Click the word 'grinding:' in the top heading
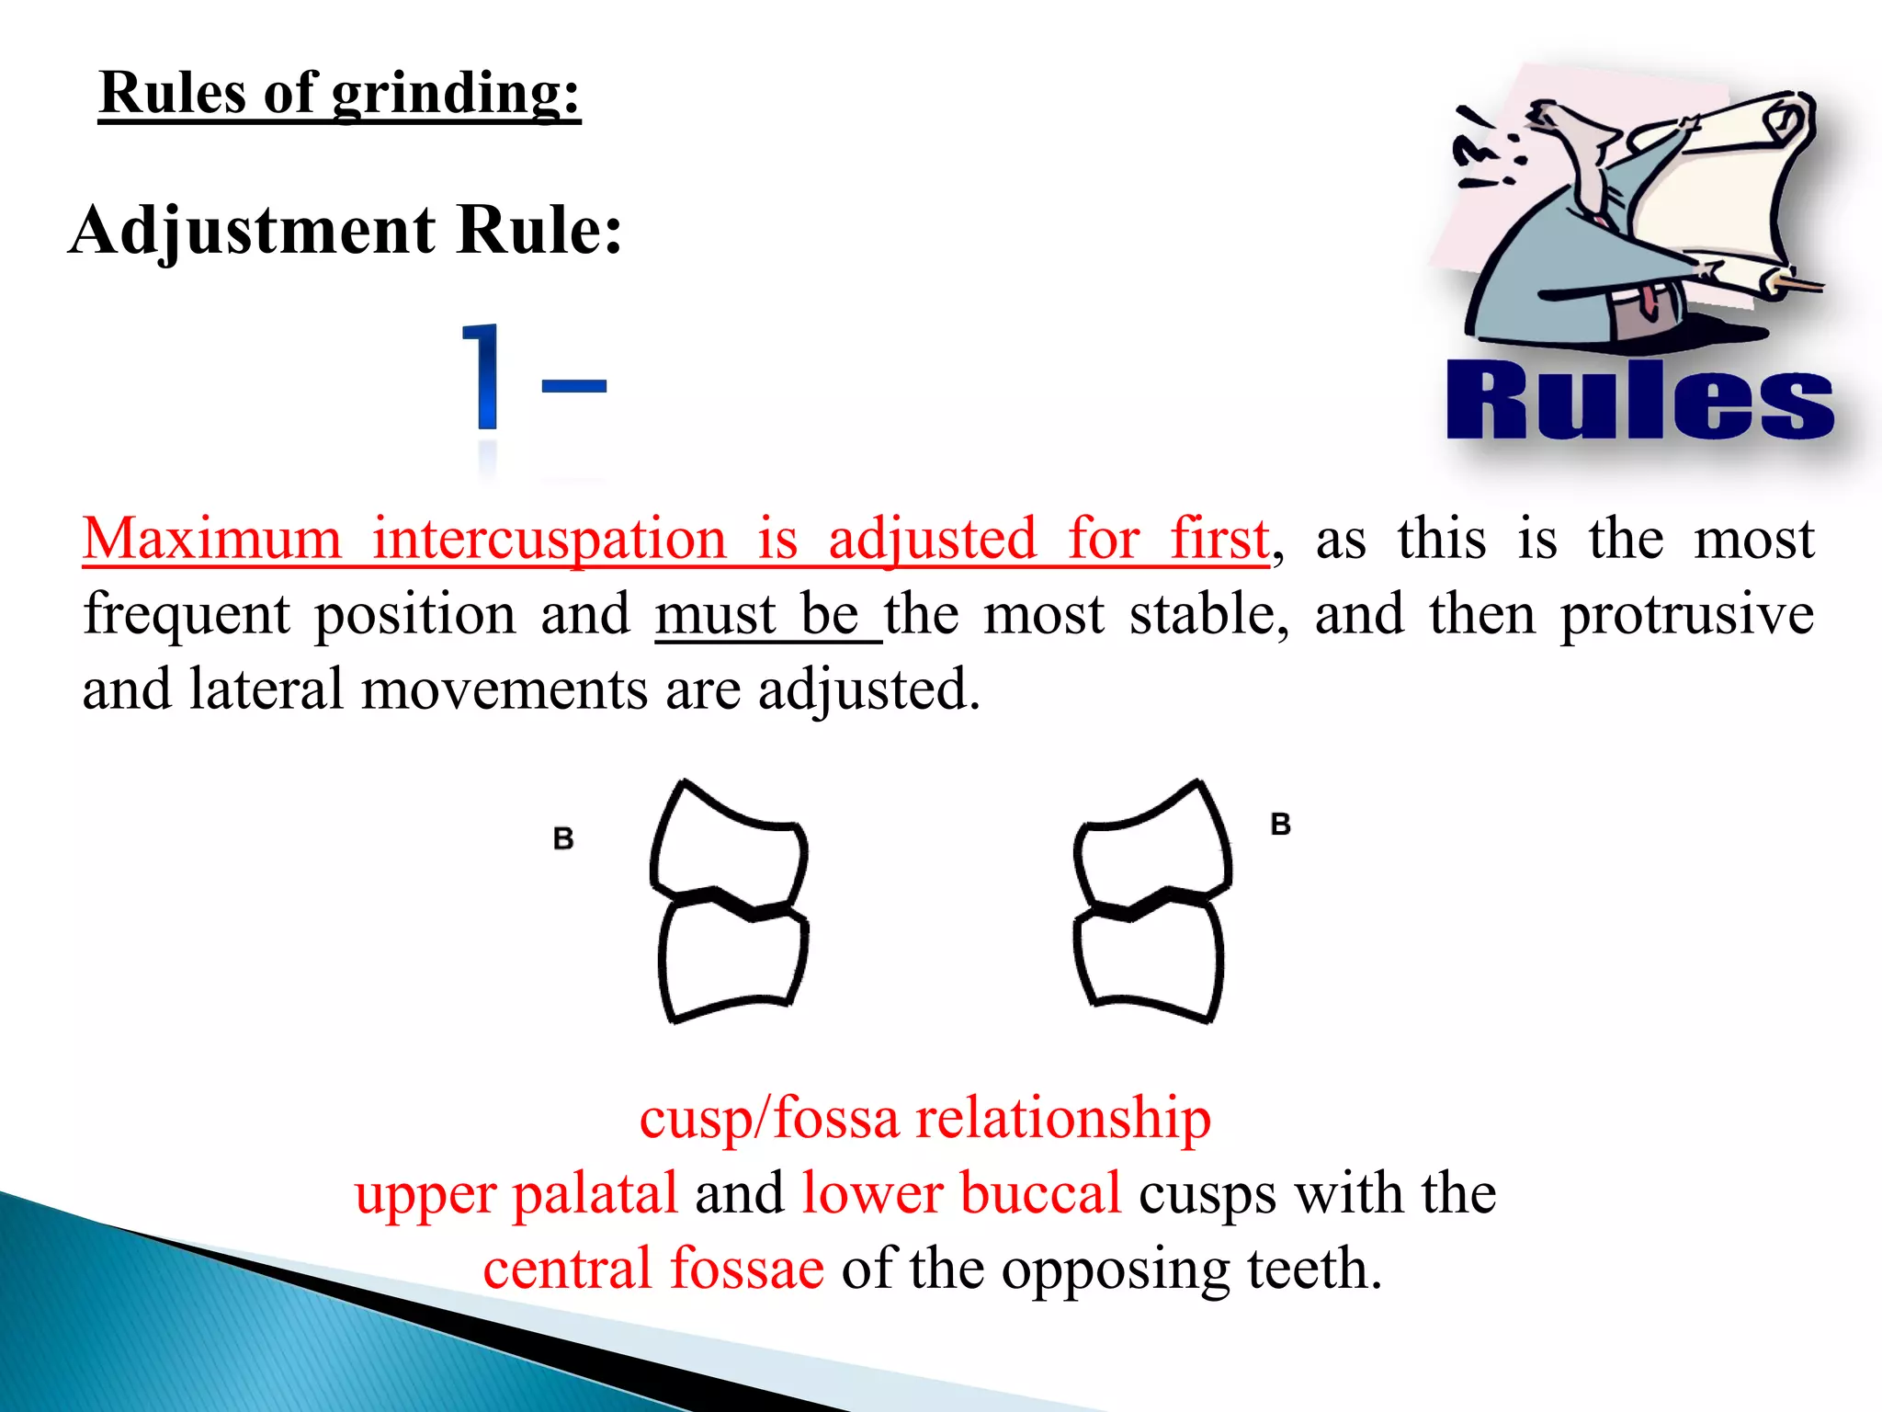(456, 94)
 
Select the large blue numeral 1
(483, 377)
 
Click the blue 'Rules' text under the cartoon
(1639, 402)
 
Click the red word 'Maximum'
(211, 539)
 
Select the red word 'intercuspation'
(549, 539)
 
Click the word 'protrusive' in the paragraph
(1687, 614)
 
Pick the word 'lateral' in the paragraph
(266, 689)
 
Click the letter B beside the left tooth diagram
(563, 838)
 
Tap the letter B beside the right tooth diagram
(1280, 824)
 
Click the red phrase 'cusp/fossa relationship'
(924, 1119)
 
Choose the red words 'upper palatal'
(516, 1194)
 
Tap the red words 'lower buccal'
(961, 1194)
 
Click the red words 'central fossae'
(653, 1270)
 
